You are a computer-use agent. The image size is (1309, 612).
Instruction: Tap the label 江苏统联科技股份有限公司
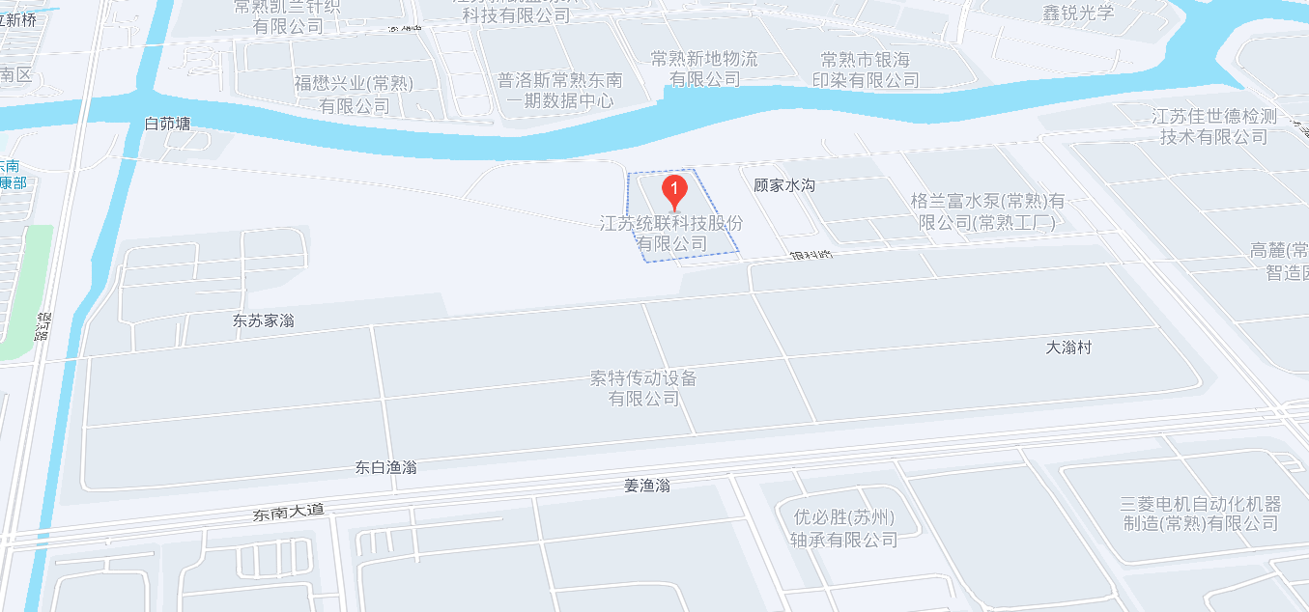click(x=672, y=234)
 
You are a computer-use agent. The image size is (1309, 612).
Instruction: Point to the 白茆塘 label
click(x=167, y=124)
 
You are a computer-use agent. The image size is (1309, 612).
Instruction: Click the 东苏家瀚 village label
click(x=264, y=320)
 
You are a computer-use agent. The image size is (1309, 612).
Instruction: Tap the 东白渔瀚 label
click(x=385, y=468)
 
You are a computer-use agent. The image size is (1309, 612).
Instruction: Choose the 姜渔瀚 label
click(x=647, y=486)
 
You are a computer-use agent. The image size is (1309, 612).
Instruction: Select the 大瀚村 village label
click(x=1069, y=348)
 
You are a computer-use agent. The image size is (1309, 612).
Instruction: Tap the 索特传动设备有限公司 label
click(x=643, y=387)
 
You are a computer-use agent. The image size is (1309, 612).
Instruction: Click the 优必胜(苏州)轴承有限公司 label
click(x=844, y=528)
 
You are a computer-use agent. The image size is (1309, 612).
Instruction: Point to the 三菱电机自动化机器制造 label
click(x=1200, y=514)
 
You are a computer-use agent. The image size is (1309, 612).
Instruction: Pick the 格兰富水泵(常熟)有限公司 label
click(x=986, y=212)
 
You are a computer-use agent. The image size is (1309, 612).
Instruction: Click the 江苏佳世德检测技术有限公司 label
click(x=1214, y=126)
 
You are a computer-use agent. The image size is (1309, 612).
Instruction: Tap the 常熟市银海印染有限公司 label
click(x=866, y=70)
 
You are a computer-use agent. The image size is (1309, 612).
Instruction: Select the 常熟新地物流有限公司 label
click(x=704, y=69)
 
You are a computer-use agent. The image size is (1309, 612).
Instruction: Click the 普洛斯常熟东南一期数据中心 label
click(x=560, y=90)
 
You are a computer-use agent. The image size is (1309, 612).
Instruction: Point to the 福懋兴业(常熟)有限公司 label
click(x=355, y=95)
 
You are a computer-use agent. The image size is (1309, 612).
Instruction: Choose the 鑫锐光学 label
click(x=1078, y=14)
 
